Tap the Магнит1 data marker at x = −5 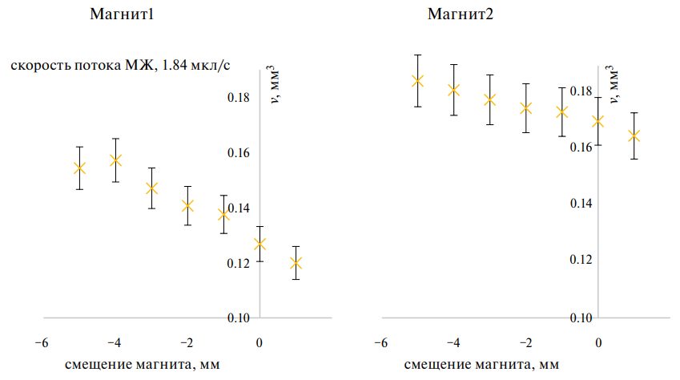coord(80,168)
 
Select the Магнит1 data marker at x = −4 coord(115,160)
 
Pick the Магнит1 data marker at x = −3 coord(151,188)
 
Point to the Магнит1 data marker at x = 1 coord(296,263)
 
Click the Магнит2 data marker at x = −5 coord(417,81)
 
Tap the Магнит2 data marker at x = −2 coord(525,108)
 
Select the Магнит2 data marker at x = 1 coord(634,136)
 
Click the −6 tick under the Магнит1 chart coord(43,343)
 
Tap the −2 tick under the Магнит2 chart coord(525,343)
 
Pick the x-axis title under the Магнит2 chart coord(481,365)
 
